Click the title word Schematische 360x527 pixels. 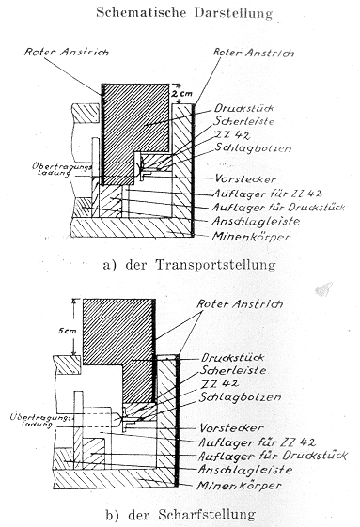141,12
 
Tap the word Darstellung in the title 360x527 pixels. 233,13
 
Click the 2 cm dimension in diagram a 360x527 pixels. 181,93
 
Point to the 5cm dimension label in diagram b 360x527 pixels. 68,331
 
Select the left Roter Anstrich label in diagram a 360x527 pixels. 67,52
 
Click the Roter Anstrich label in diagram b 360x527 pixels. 240,304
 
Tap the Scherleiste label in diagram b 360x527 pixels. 233,370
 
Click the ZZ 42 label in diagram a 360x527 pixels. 232,135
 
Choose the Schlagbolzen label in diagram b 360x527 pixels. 240,397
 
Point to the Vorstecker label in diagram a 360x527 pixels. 245,178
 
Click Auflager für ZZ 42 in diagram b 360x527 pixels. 257,442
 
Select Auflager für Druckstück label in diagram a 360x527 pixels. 278,207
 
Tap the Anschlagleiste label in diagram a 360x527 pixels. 256,221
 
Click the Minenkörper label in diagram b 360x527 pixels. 239,486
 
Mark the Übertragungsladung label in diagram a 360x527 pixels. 62,170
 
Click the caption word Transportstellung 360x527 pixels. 215,265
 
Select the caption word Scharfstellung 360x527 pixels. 207,515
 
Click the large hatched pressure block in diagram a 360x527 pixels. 135,117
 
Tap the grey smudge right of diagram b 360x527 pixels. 323,289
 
